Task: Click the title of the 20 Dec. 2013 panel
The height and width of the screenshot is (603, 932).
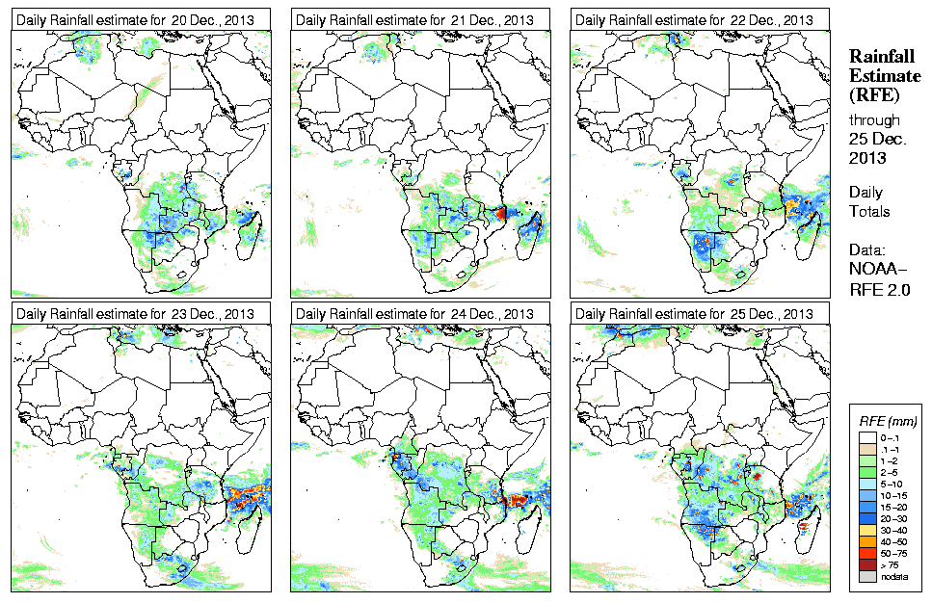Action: coord(135,20)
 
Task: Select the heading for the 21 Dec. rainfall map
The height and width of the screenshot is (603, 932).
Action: coord(414,20)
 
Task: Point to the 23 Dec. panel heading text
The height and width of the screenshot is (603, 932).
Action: coord(135,314)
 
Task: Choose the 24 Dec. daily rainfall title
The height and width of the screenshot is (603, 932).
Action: coord(414,314)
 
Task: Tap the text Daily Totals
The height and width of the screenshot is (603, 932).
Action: coord(869,201)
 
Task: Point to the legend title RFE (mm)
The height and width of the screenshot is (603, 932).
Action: coord(888,421)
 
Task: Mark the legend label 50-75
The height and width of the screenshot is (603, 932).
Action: coord(894,552)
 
